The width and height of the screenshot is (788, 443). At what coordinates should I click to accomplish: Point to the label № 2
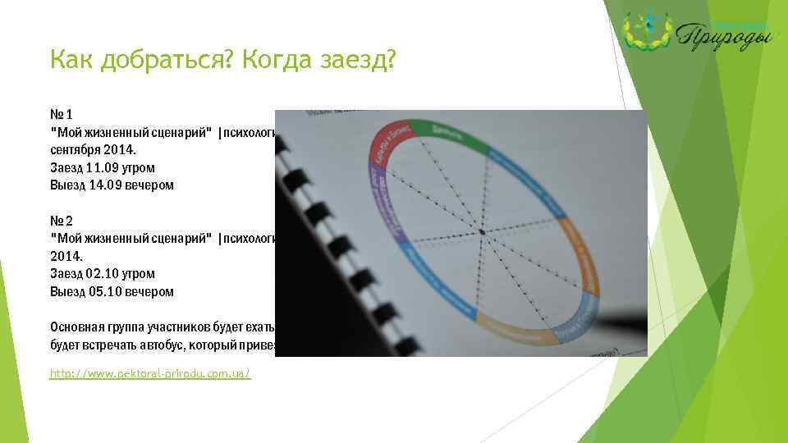click(x=62, y=221)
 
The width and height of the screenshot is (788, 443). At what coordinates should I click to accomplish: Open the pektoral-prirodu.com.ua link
click(x=150, y=373)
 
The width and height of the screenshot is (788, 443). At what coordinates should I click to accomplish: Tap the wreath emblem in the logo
click(x=648, y=31)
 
